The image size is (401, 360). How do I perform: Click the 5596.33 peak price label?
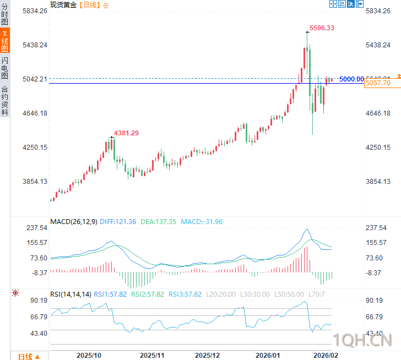point(322,28)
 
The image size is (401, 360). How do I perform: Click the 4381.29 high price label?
point(126,133)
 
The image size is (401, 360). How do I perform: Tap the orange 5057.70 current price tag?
point(378,83)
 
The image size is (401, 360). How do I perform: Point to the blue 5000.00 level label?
point(351,79)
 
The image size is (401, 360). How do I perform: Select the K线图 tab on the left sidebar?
point(5,41)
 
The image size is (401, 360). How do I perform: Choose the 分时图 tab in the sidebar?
point(5,14)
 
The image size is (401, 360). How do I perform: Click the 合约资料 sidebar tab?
point(5,100)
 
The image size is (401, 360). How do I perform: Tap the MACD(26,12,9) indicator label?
point(74,222)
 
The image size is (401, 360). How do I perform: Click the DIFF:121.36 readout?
point(118,222)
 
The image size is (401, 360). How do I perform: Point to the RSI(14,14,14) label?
point(71,294)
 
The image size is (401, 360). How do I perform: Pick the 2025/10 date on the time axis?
point(89,354)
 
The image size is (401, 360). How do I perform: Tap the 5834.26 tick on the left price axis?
point(35,11)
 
